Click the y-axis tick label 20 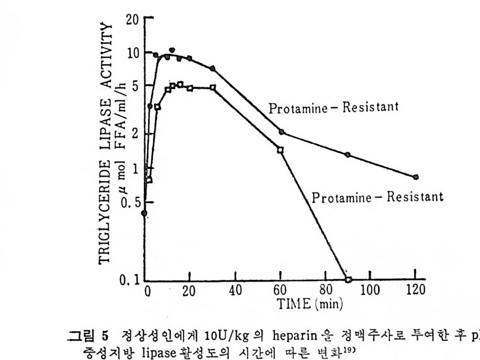(x=132, y=19)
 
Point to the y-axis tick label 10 (x=132, y=54)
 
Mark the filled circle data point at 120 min (x=416, y=177)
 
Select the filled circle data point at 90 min (x=348, y=155)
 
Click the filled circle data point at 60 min (x=281, y=132)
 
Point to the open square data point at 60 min (x=280, y=149)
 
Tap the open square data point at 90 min (x=348, y=279)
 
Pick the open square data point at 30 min (x=213, y=87)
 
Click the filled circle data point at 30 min (x=213, y=68)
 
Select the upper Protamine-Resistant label (x=333, y=108)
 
